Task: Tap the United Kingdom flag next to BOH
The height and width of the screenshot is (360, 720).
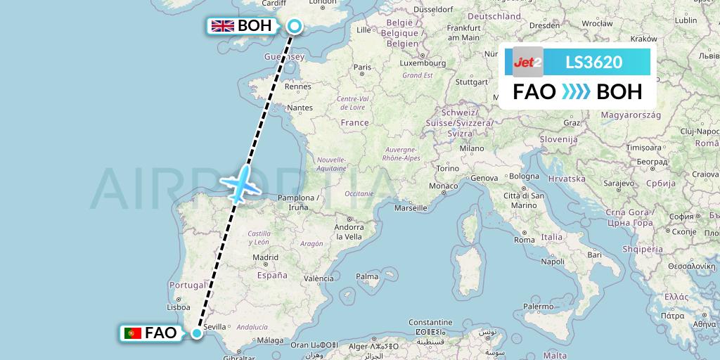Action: coord(223,26)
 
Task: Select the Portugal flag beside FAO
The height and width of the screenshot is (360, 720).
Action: coord(131,333)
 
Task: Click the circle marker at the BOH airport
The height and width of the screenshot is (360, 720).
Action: coord(294,27)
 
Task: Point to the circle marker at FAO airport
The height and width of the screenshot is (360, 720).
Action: coord(197,333)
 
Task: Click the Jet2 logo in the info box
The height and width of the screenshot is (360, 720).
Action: coord(528,63)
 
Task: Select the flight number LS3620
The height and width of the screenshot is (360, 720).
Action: coord(593,63)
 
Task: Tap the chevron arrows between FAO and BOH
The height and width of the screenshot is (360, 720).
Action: coord(577,92)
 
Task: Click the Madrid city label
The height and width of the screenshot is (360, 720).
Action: coord(265,257)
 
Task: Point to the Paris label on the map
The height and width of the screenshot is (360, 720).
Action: coord(362,67)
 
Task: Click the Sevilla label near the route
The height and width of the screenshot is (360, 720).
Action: coord(214,327)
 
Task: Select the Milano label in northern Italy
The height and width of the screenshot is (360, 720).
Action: coord(471,148)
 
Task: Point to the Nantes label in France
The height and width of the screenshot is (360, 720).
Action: coord(300,108)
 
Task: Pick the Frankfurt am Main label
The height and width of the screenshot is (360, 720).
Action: coord(444,32)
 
